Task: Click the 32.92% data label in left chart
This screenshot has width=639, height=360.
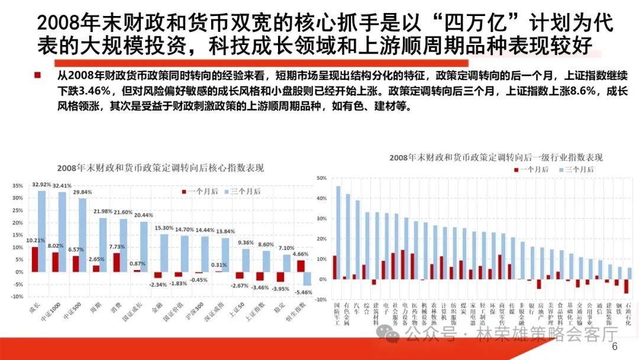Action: [x=41, y=185]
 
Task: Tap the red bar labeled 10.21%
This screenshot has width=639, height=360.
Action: [x=35, y=259]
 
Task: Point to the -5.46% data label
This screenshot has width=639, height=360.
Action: [x=304, y=292]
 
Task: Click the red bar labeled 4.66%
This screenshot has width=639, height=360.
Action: [x=301, y=266]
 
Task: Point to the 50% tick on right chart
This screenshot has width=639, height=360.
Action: [x=321, y=178]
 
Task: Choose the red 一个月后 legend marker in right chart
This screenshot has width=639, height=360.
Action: [x=515, y=170]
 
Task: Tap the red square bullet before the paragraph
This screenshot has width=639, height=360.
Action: [x=37, y=75]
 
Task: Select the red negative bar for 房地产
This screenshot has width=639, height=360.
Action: [x=539, y=284]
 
